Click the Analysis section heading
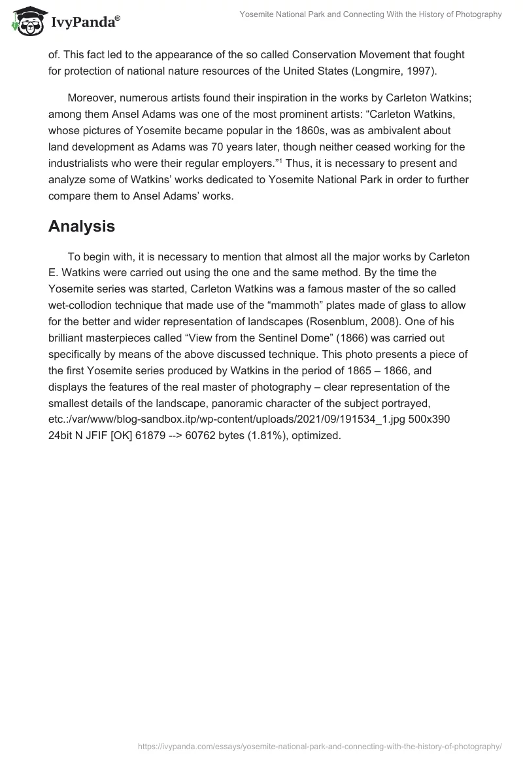click(x=82, y=226)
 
